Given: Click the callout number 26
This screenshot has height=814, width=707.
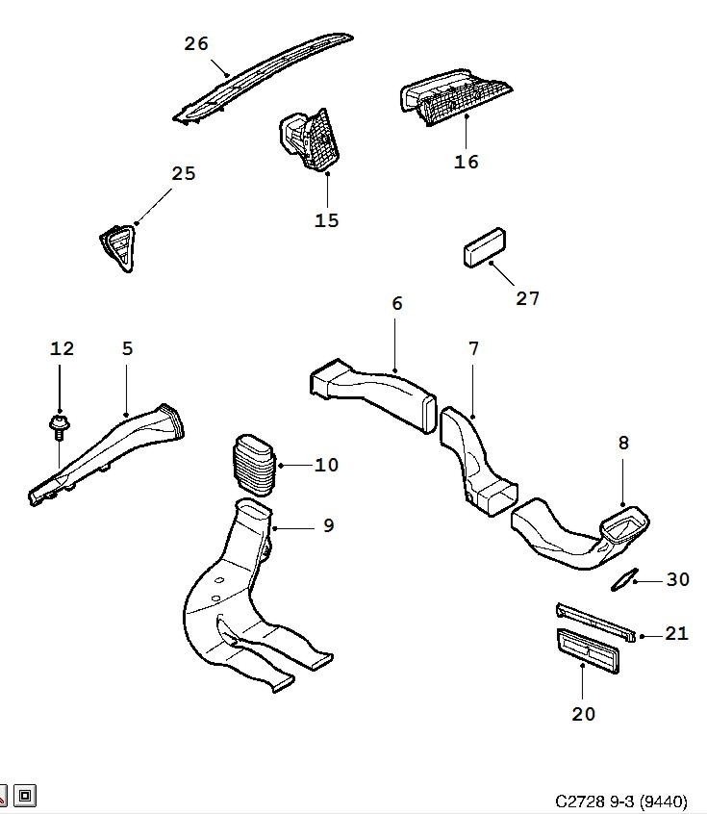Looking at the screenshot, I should (x=196, y=43).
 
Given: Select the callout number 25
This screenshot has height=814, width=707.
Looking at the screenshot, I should (x=183, y=173).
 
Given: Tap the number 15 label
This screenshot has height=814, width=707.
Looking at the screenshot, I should (x=327, y=220).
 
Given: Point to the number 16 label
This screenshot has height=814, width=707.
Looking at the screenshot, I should (x=467, y=162).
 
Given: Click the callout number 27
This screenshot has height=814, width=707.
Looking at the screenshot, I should (x=528, y=298).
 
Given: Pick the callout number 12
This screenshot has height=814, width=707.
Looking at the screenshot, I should (x=62, y=348).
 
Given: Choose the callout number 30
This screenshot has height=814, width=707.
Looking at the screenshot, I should (x=678, y=579).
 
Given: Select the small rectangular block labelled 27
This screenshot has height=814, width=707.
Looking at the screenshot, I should (x=487, y=245).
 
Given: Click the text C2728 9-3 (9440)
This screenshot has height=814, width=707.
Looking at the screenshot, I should (x=620, y=801).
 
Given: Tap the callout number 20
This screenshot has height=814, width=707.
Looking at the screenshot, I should (x=583, y=713).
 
